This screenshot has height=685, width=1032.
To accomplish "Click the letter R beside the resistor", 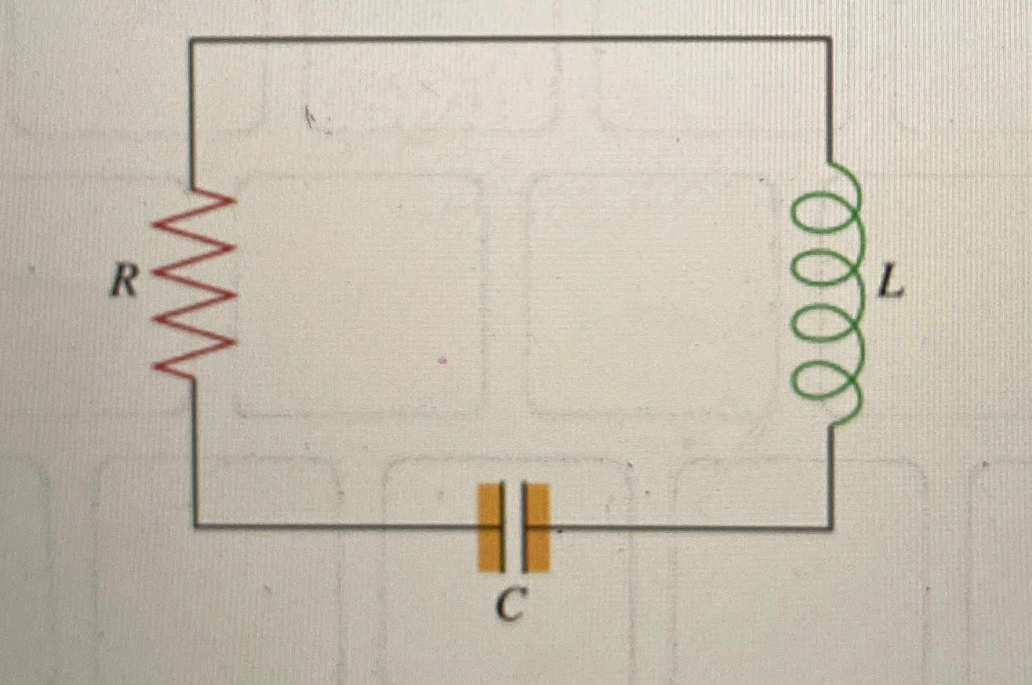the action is click(x=124, y=281).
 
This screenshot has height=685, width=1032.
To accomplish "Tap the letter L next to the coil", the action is click(x=890, y=283).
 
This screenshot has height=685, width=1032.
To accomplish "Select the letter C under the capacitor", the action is click(x=511, y=607).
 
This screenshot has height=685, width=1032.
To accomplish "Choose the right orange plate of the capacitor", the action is click(x=537, y=528).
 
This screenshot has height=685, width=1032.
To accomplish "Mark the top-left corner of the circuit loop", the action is click(x=191, y=39).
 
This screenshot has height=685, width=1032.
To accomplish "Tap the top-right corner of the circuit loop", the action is click(x=829, y=38).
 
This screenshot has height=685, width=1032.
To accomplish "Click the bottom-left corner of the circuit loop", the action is click(x=194, y=525).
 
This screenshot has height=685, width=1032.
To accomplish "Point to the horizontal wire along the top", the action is click(x=510, y=39).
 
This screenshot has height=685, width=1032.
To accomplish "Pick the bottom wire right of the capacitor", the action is click(x=689, y=528).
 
